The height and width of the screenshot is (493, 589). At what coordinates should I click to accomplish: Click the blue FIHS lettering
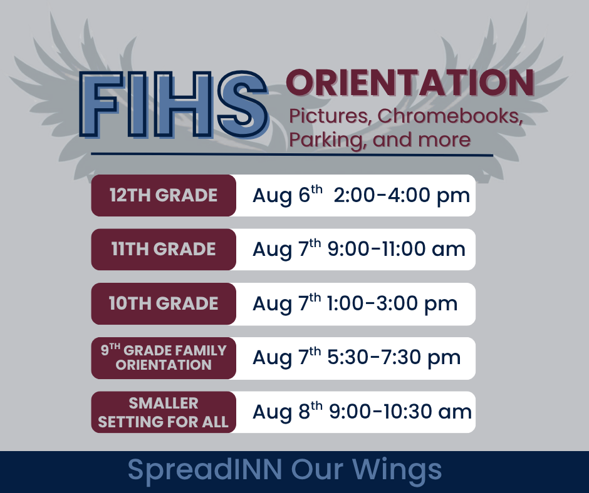[x=174, y=104]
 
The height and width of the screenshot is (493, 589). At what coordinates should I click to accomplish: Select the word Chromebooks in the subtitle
[x=451, y=116]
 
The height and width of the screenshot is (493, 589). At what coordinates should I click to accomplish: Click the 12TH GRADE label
[x=164, y=195]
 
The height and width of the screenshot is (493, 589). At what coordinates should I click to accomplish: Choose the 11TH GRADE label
[x=164, y=249]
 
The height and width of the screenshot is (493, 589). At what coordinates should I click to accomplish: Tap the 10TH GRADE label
[x=164, y=303]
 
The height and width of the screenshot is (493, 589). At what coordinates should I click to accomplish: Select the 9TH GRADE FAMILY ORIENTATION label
[x=164, y=358]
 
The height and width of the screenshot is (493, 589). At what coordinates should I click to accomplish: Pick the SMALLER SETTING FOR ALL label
[x=164, y=412]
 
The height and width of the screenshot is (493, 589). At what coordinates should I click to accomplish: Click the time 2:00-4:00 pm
[x=402, y=195]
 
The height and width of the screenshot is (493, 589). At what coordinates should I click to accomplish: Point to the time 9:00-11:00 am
[x=396, y=249]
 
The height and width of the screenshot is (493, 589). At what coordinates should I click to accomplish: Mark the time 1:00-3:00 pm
[x=392, y=303]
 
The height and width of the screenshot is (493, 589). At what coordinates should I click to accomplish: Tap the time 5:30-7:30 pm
[x=394, y=358]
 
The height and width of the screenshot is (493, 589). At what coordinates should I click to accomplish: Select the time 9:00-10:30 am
[x=400, y=412]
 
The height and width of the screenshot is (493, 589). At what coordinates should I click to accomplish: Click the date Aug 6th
[x=288, y=195]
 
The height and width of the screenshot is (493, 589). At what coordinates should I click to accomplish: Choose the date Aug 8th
[x=288, y=411]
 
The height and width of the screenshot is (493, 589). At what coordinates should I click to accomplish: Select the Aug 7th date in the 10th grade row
[x=286, y=303]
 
